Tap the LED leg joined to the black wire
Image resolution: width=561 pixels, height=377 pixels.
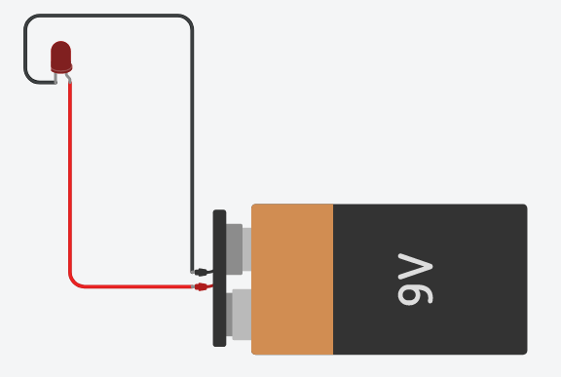(54, 77)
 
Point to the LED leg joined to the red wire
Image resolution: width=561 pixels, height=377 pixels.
(68, 78)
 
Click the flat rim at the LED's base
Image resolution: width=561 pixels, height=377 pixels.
(61, 69)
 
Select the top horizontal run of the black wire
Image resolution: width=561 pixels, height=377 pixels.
(107, 16)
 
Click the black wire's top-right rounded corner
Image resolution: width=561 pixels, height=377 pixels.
(188, 20)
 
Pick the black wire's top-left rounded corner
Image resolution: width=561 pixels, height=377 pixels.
(29, 20)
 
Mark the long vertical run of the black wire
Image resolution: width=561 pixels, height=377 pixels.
(192, 146)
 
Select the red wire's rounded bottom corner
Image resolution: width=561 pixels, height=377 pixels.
(73, 283)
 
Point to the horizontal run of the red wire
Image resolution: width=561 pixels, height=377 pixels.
(136, 286)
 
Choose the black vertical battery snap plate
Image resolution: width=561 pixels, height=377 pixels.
(219, 278)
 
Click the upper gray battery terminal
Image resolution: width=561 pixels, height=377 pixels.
(237, 247)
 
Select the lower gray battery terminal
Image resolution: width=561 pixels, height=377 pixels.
(240, 313)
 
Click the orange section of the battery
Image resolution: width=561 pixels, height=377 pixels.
(292, 279)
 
